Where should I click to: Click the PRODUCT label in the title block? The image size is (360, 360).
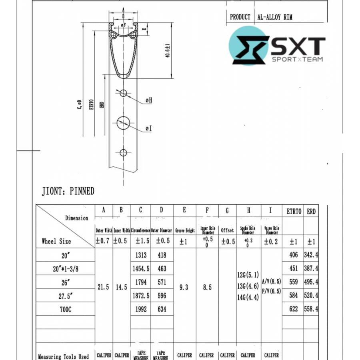(x=240, y=17)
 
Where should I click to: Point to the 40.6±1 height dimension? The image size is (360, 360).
(x=168, y=50)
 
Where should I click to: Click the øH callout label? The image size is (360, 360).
(x=148, y=100)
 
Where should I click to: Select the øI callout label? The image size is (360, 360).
(x=148, y=128)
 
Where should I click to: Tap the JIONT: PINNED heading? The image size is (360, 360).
(x=68, y=191)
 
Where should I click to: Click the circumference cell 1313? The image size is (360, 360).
(x=141, y=255)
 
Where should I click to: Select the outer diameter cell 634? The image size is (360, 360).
(x=162, y=309)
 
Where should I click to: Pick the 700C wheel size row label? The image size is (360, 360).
(x=65, y=309)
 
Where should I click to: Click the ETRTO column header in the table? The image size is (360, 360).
(x=294, y=212)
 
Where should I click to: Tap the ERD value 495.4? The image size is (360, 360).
(x=311, y=282)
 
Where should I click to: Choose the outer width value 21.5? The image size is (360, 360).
(x=104, y=287)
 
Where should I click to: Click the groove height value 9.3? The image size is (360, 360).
(x=184, y=287)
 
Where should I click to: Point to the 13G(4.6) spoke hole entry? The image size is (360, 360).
(x=248, y=286)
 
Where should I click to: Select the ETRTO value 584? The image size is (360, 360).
(x=294, y=296)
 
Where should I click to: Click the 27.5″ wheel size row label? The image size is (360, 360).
(x=65, y=296)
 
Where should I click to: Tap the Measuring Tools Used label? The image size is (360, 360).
(x=63, y=356)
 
